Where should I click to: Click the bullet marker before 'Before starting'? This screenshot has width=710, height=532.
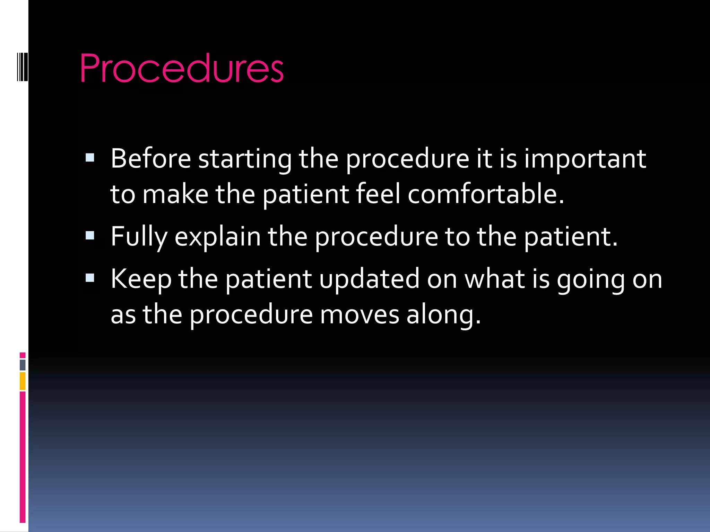click(90, 158)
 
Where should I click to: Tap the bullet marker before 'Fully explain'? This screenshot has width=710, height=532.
click(90, 236)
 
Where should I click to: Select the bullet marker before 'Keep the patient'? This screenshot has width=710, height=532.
click(90, 278)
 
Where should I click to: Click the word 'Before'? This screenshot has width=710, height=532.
click(151, 159)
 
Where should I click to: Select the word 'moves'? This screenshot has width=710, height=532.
click(359, 315)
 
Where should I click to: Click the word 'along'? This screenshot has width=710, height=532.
click(443, 315)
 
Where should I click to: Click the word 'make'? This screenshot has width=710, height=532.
click(175, 194)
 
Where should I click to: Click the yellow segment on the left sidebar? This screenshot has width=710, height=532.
click(23, 381)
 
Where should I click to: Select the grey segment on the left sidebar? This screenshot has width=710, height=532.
click(23, 365)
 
